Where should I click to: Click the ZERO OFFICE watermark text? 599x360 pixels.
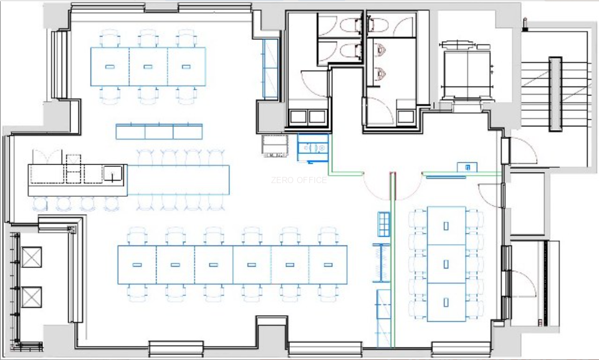(299, 180)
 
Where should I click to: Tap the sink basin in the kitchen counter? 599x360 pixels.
(113, 174)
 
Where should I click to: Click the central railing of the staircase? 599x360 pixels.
(555, 94)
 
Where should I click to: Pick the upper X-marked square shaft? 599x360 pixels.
(32, 257)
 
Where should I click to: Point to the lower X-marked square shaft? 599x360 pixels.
(32, 297)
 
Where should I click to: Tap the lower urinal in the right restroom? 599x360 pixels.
(380, 72)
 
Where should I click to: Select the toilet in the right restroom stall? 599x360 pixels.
(378, 25)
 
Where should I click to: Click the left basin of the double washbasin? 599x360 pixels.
(299, 116)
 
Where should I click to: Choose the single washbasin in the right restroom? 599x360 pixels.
(406, 117)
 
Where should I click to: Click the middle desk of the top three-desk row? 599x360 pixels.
(148, 67)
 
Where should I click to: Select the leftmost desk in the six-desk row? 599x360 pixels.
(137, 265)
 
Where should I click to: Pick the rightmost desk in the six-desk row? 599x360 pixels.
(328, 265)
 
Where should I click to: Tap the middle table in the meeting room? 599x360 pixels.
(446, 264)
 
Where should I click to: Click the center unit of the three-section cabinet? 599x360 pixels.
(159, 131)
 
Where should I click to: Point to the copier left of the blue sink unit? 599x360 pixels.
(275, 146)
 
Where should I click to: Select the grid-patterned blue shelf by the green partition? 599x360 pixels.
(384, 224)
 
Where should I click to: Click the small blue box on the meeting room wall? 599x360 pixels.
(467, 167)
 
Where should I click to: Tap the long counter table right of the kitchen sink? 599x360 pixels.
(178, 180)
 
